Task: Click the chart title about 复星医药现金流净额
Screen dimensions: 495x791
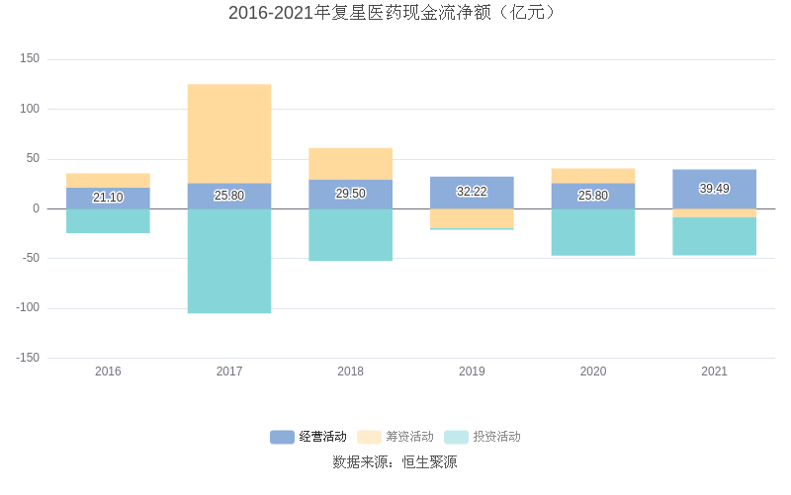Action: coord(395,13)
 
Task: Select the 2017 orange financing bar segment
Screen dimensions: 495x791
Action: coord(229,133)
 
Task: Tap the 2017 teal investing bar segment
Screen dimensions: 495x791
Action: coord(229,261)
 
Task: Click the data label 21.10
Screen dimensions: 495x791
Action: coord(108,198)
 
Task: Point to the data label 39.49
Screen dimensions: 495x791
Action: coord(714,189)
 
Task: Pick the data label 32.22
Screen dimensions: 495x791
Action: coord(472,192)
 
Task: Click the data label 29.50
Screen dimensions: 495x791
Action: coord(350,194)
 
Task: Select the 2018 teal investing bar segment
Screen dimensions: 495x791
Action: coord(350,234)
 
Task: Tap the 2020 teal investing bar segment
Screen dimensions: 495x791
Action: coord(593,232)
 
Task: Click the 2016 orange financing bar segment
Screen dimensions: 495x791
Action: coord(108,180)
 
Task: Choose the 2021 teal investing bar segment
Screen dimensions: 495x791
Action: coord(714,236)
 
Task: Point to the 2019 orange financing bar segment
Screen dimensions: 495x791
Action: coord(472,217)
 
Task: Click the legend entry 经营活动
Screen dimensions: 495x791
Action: coord(309,437)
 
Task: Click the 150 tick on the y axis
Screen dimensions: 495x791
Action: coord(30,59)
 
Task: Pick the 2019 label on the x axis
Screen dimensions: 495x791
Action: coord(472,371)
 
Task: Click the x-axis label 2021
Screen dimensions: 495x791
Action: coord(714,371)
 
